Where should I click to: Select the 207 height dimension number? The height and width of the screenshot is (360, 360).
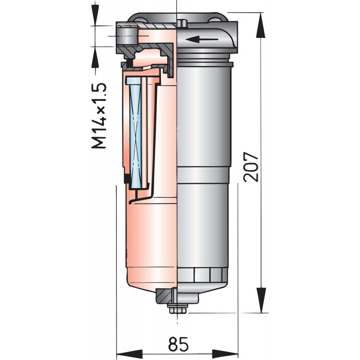coord(251,167)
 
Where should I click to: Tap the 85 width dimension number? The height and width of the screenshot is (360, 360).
coord(178,345)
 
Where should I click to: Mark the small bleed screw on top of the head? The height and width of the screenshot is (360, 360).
coord(181,22)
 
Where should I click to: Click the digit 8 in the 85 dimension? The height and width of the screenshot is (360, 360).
coord(173,345)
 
